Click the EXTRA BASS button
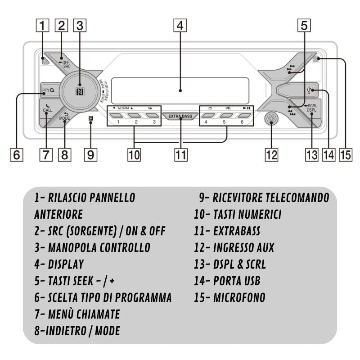click(x=180, y=116)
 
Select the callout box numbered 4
click(x=180, y=26)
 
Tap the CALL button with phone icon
click(x=47, y=108)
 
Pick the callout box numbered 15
click(x=345, y=155)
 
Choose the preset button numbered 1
click(x=118, y=116)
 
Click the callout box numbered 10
click(x=134, y=155)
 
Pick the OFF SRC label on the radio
click(x=66, y=64)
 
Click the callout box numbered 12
click(x=271, y=155)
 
